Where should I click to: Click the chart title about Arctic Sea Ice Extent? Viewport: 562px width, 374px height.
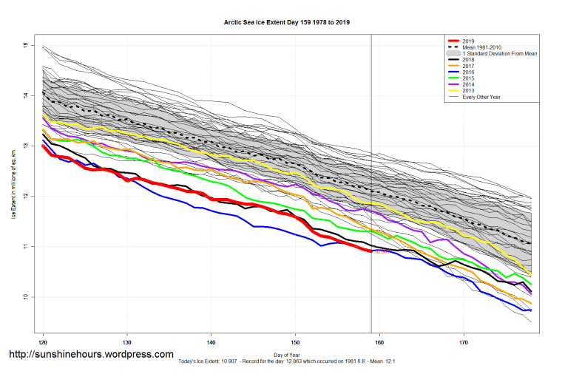287,23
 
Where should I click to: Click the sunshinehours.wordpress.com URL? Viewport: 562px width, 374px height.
92,355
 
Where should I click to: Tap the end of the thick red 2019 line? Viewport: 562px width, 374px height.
371,251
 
